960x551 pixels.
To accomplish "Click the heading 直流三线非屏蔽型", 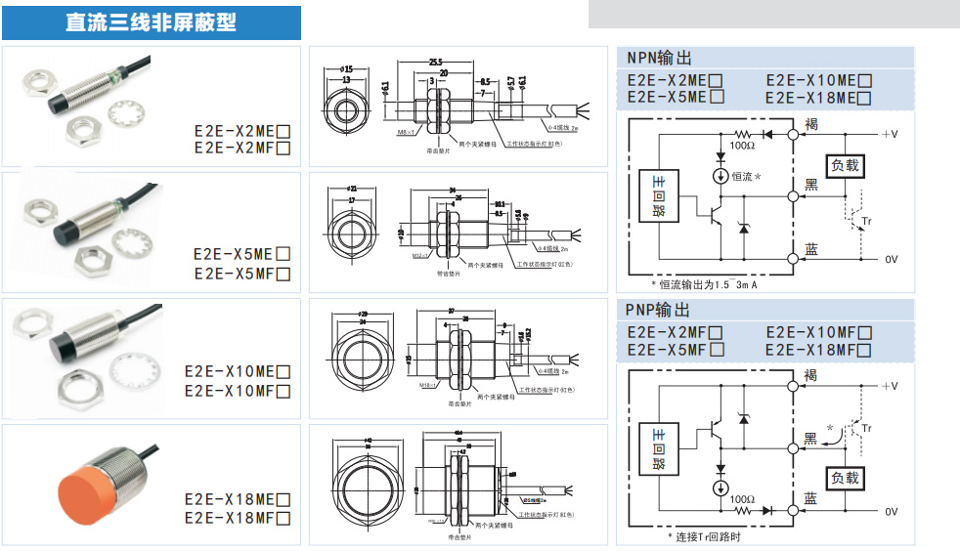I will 151,21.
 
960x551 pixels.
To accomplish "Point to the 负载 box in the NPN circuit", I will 846,165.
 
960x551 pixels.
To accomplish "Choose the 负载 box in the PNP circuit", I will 846,478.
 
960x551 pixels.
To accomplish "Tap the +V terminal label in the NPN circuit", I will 889,133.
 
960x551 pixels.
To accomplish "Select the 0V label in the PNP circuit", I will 891,511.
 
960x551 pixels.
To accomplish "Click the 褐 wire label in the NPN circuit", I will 810,123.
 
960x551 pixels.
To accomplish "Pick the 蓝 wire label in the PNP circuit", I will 810,499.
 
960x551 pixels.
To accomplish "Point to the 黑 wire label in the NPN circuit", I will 810,185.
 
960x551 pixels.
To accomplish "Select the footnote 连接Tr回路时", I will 704,537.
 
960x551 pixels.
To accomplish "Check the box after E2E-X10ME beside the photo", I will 284,371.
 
